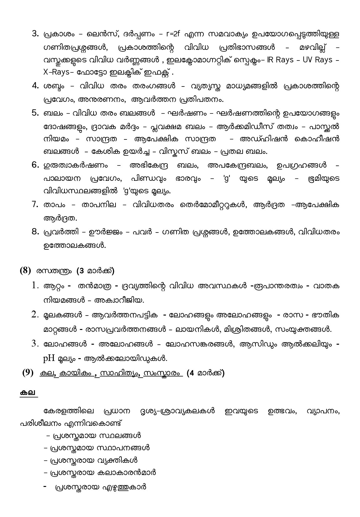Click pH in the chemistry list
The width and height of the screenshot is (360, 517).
tap(49, 358)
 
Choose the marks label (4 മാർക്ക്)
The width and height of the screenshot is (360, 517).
tap(205, 373)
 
